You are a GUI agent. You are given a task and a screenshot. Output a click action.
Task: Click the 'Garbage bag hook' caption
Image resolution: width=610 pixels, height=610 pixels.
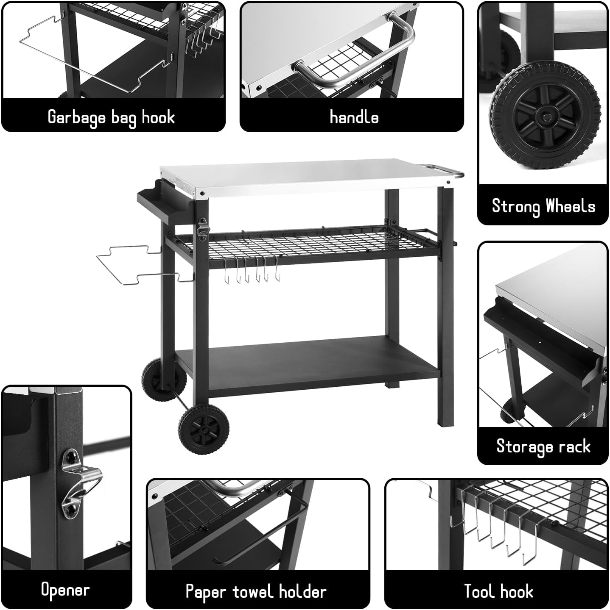pos(111,117)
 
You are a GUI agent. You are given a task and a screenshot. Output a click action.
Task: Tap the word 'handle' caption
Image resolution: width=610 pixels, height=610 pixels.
pos(354,117)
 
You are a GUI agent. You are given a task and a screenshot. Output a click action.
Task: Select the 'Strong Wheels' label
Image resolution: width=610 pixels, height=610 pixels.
pos(543,206)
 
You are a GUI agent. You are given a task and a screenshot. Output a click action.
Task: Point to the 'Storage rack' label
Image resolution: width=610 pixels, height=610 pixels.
pos(543,446)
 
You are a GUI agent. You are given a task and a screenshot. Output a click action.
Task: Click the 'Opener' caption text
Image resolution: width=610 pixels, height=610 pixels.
pos(65,590)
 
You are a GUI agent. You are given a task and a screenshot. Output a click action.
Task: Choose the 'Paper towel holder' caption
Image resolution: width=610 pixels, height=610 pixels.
pos(256,591)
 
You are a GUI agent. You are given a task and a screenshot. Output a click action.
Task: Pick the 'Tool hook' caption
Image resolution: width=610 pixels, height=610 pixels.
pos(498,591)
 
